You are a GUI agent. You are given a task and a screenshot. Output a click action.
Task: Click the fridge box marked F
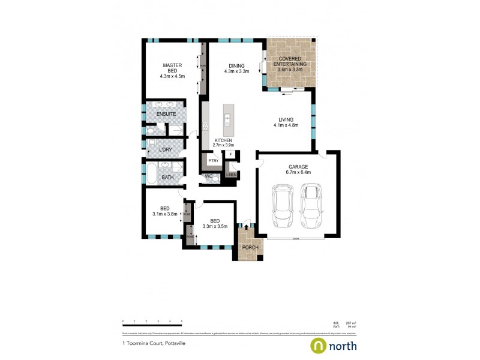coord(230,155)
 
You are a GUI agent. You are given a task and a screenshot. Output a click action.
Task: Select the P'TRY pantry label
coord(213,161)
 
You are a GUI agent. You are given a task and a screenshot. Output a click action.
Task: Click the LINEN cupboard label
coord(231,175)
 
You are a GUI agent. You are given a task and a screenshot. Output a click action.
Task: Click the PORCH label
coord(250,247)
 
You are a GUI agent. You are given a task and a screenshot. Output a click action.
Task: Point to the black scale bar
coord(152,327)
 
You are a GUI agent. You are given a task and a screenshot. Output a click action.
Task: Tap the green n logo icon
coord(317,346)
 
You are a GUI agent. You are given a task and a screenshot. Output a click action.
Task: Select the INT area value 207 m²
coord(352,323)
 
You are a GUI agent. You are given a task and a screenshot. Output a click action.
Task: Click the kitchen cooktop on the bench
coord(205,127)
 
